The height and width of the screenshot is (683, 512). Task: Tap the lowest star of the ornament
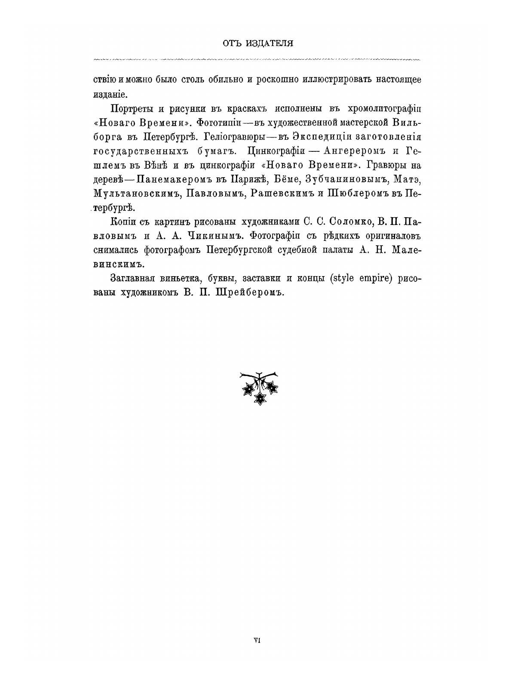pyautogui.click(x=259, y=399)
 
